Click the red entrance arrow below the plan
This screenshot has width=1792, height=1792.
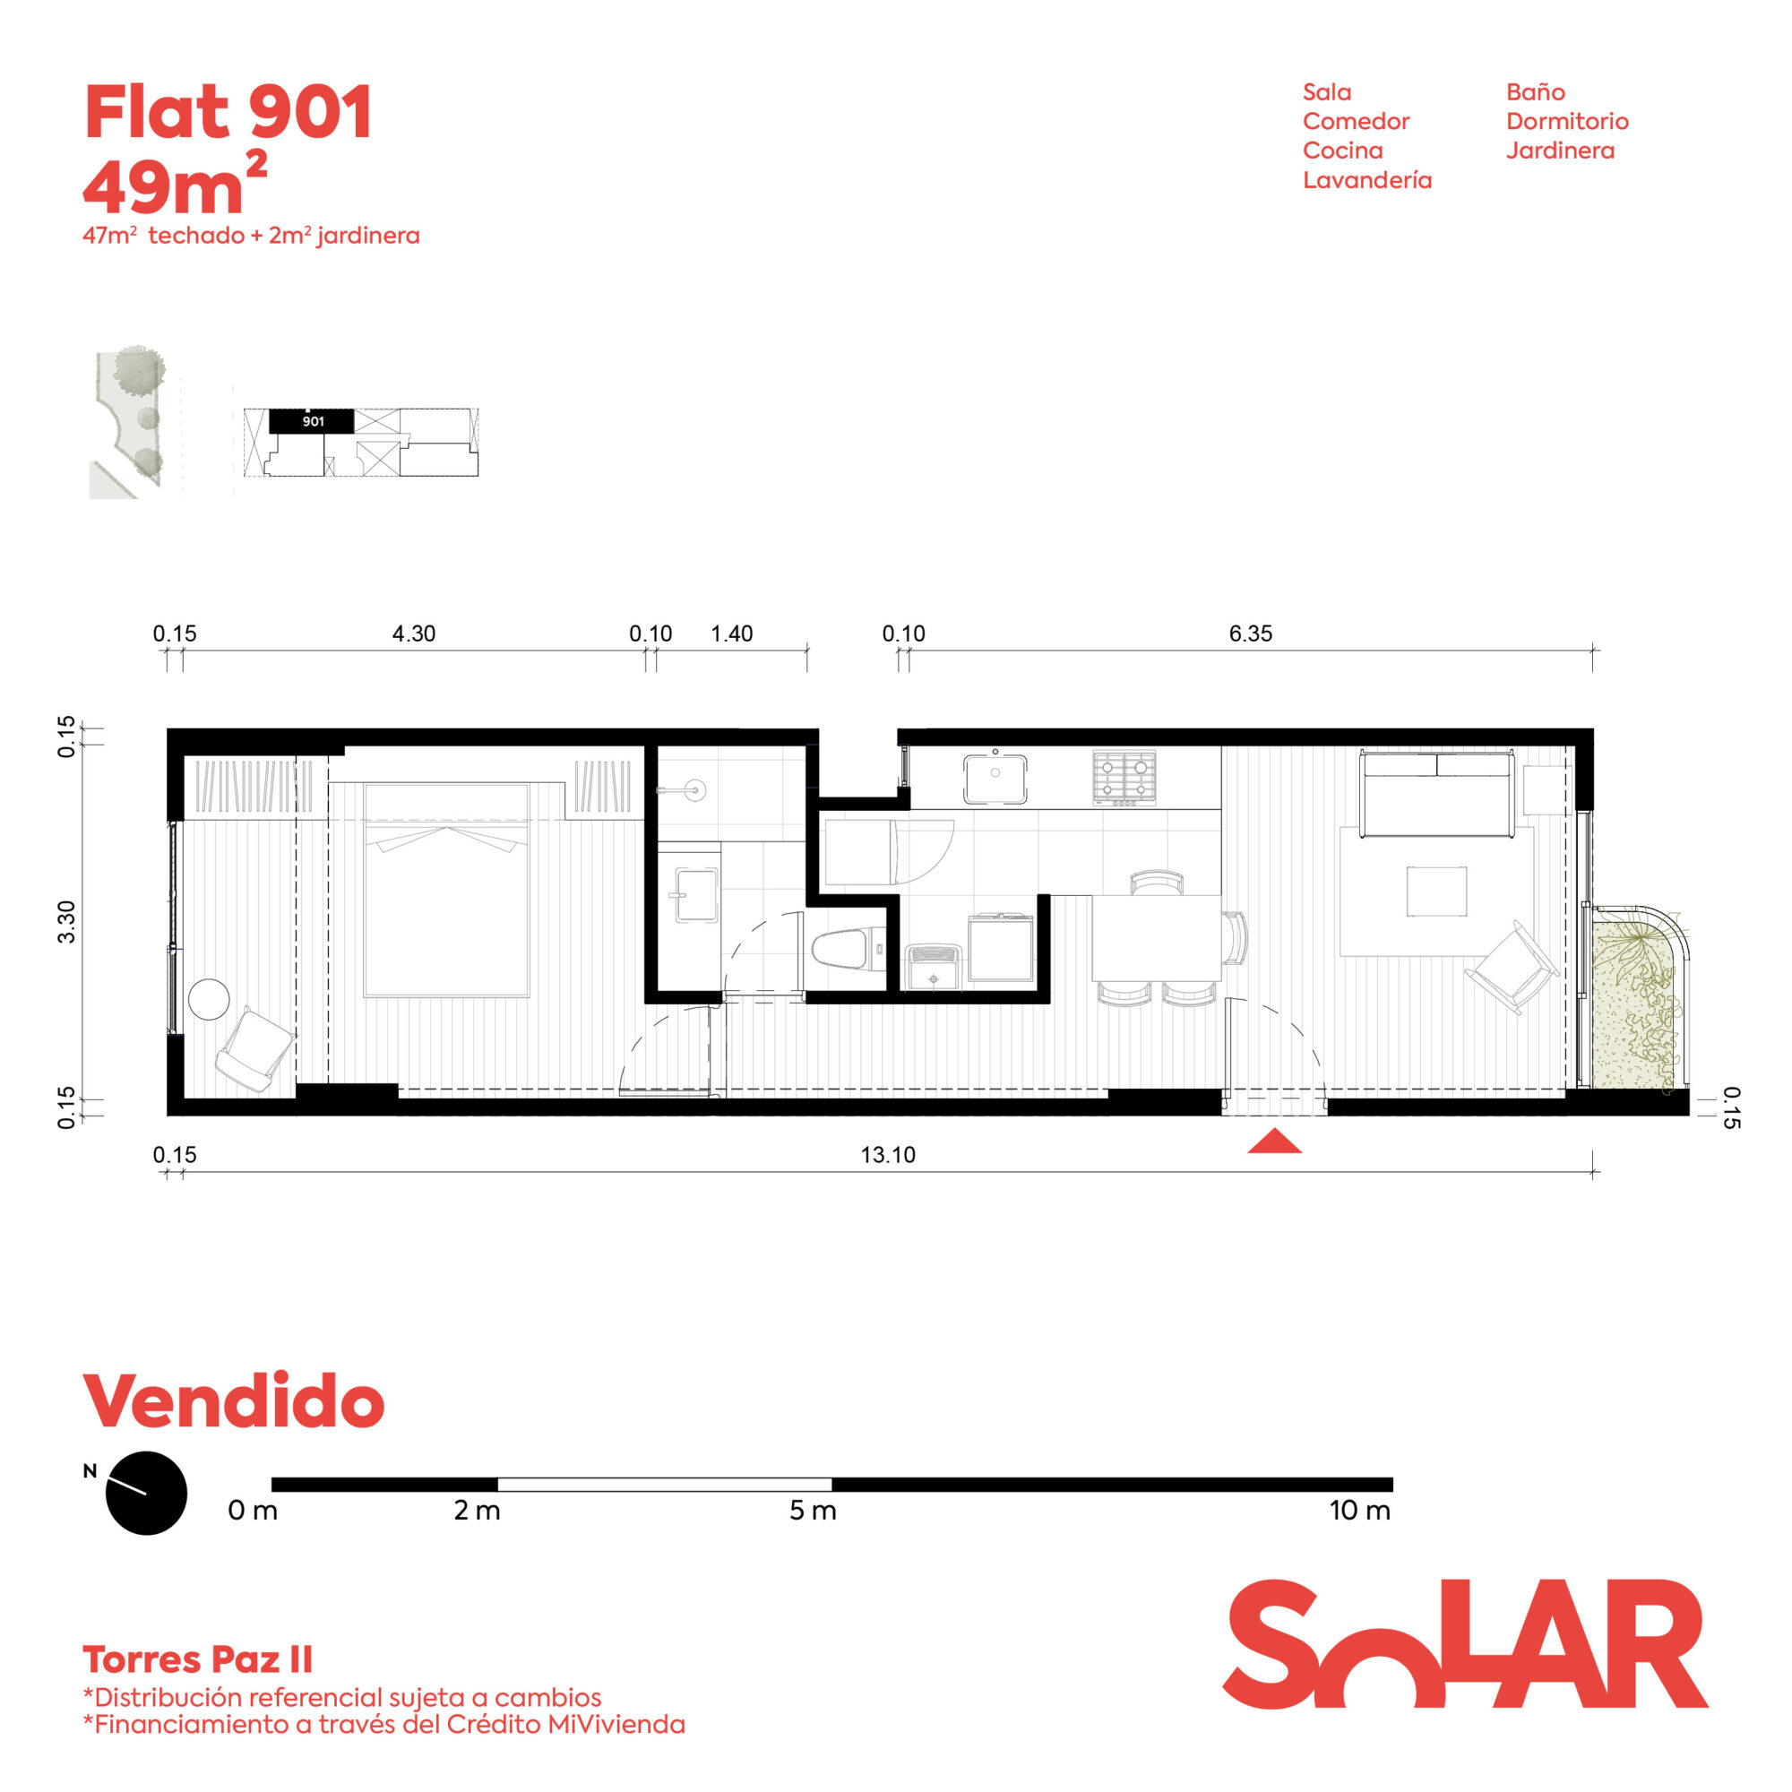point(1274,1142)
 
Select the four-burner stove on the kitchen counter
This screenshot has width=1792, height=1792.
point(1124,777)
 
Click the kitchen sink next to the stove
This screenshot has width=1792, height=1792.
point(995,777)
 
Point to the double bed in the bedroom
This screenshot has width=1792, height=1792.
point(446,890)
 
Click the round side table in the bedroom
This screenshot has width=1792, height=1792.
point(209,999)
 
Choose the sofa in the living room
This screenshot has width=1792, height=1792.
point(1435,794)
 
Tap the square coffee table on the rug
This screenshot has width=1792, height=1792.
point(1437,892)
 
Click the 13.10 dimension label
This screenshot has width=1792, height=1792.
point(888,1155)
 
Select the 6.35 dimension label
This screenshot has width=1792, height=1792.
point(1250,633)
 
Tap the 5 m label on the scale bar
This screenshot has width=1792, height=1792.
point(813,1510)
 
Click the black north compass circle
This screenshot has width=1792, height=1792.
point(147,1493)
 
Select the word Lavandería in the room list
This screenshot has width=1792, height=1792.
point(1367,180)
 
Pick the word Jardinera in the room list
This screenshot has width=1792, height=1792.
point(1560,151)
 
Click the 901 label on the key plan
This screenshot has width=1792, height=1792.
point(314,421)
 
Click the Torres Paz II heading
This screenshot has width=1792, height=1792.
point(197,1659)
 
